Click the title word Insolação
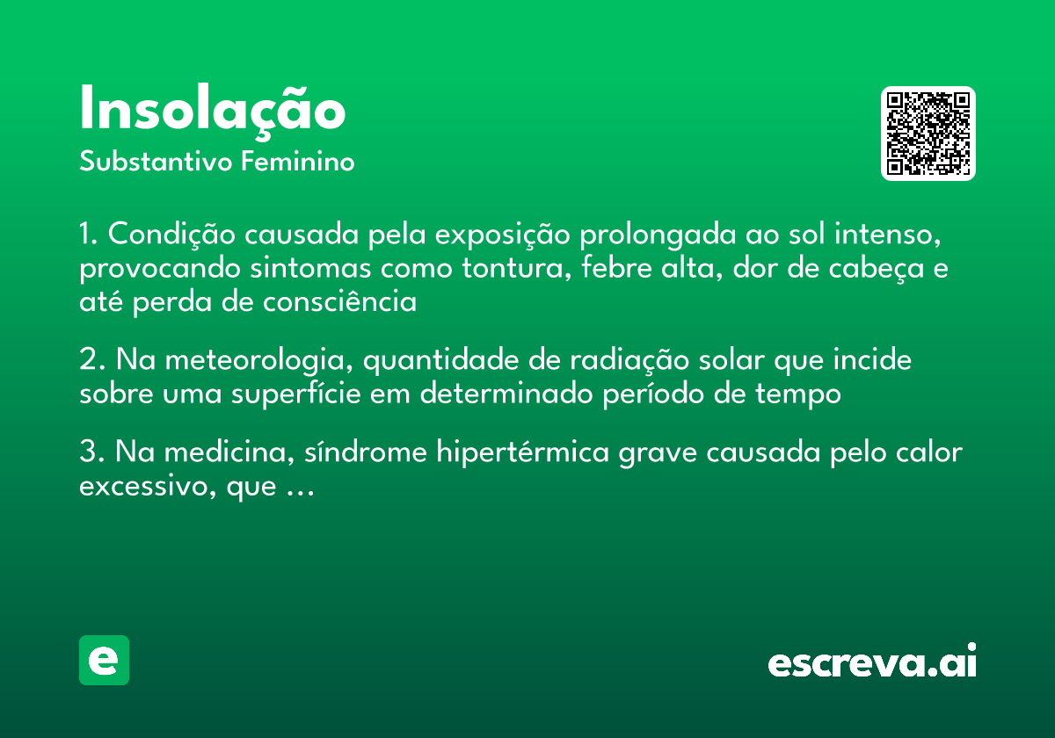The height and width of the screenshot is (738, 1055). (x=213, y=111)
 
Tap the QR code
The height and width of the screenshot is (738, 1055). (x=928, y=134)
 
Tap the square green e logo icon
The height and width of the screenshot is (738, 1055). (x=104, y=660)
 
